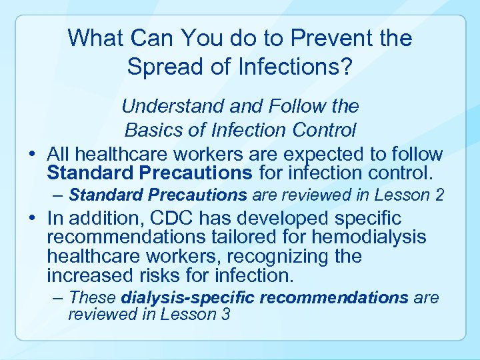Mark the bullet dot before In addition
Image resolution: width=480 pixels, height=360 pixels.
click(x=33, y=219)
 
